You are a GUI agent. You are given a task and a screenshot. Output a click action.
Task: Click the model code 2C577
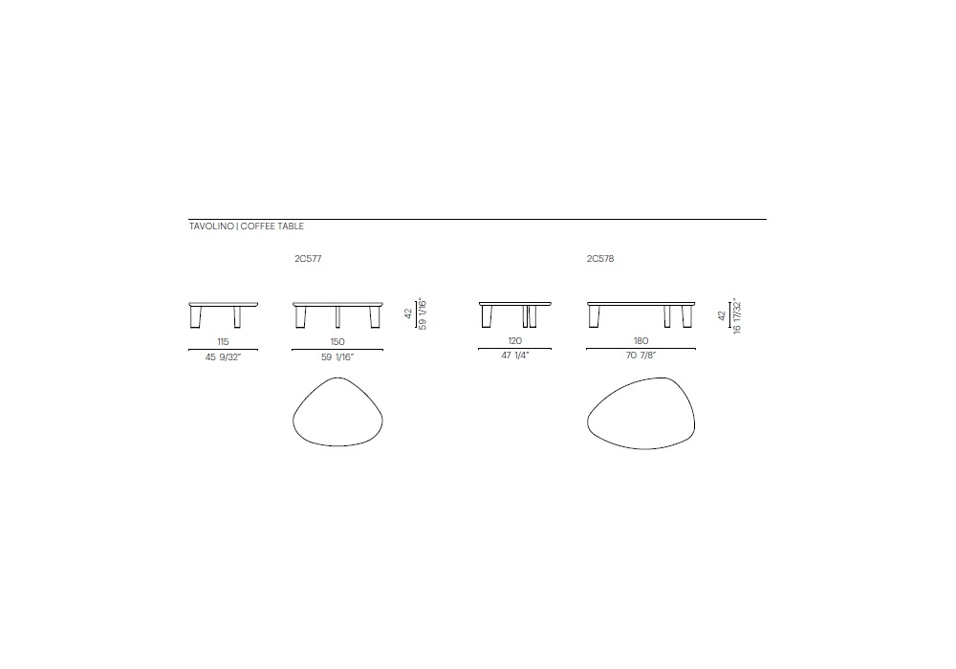coord(308,258)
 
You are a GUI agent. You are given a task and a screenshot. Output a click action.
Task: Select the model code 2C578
coord(600,258)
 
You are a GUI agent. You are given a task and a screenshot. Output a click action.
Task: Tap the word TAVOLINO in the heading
coord(211,227)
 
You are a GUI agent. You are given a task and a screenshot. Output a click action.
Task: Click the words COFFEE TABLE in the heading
coord(272,227)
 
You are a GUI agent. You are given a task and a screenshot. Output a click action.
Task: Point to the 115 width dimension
coord(223,342)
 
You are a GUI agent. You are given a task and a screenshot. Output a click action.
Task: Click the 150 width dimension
coord(337,342)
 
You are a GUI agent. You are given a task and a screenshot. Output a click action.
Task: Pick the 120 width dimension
coord(515,340)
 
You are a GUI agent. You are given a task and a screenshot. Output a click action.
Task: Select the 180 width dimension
coord(641,340)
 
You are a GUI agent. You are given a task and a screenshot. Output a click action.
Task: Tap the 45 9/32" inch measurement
coord(223,357)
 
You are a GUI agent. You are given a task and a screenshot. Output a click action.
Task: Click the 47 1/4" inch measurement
coord(515,356)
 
